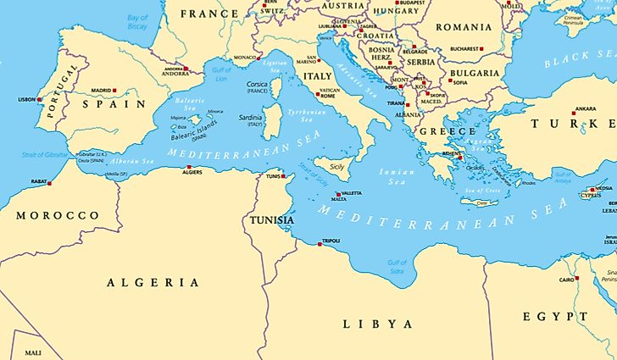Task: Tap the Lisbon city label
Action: pyautogui.click(x=26, y=99)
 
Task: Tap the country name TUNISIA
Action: pyautogui.click(x=271, y=220)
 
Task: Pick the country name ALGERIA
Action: pyautogui.click(x=153, y=282)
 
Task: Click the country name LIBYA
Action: pyautogui.click(x=377, y=324)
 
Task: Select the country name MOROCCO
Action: pyautogui.click(x=58, y=216)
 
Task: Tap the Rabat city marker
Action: pyautogui.click(x=49, y=183)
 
